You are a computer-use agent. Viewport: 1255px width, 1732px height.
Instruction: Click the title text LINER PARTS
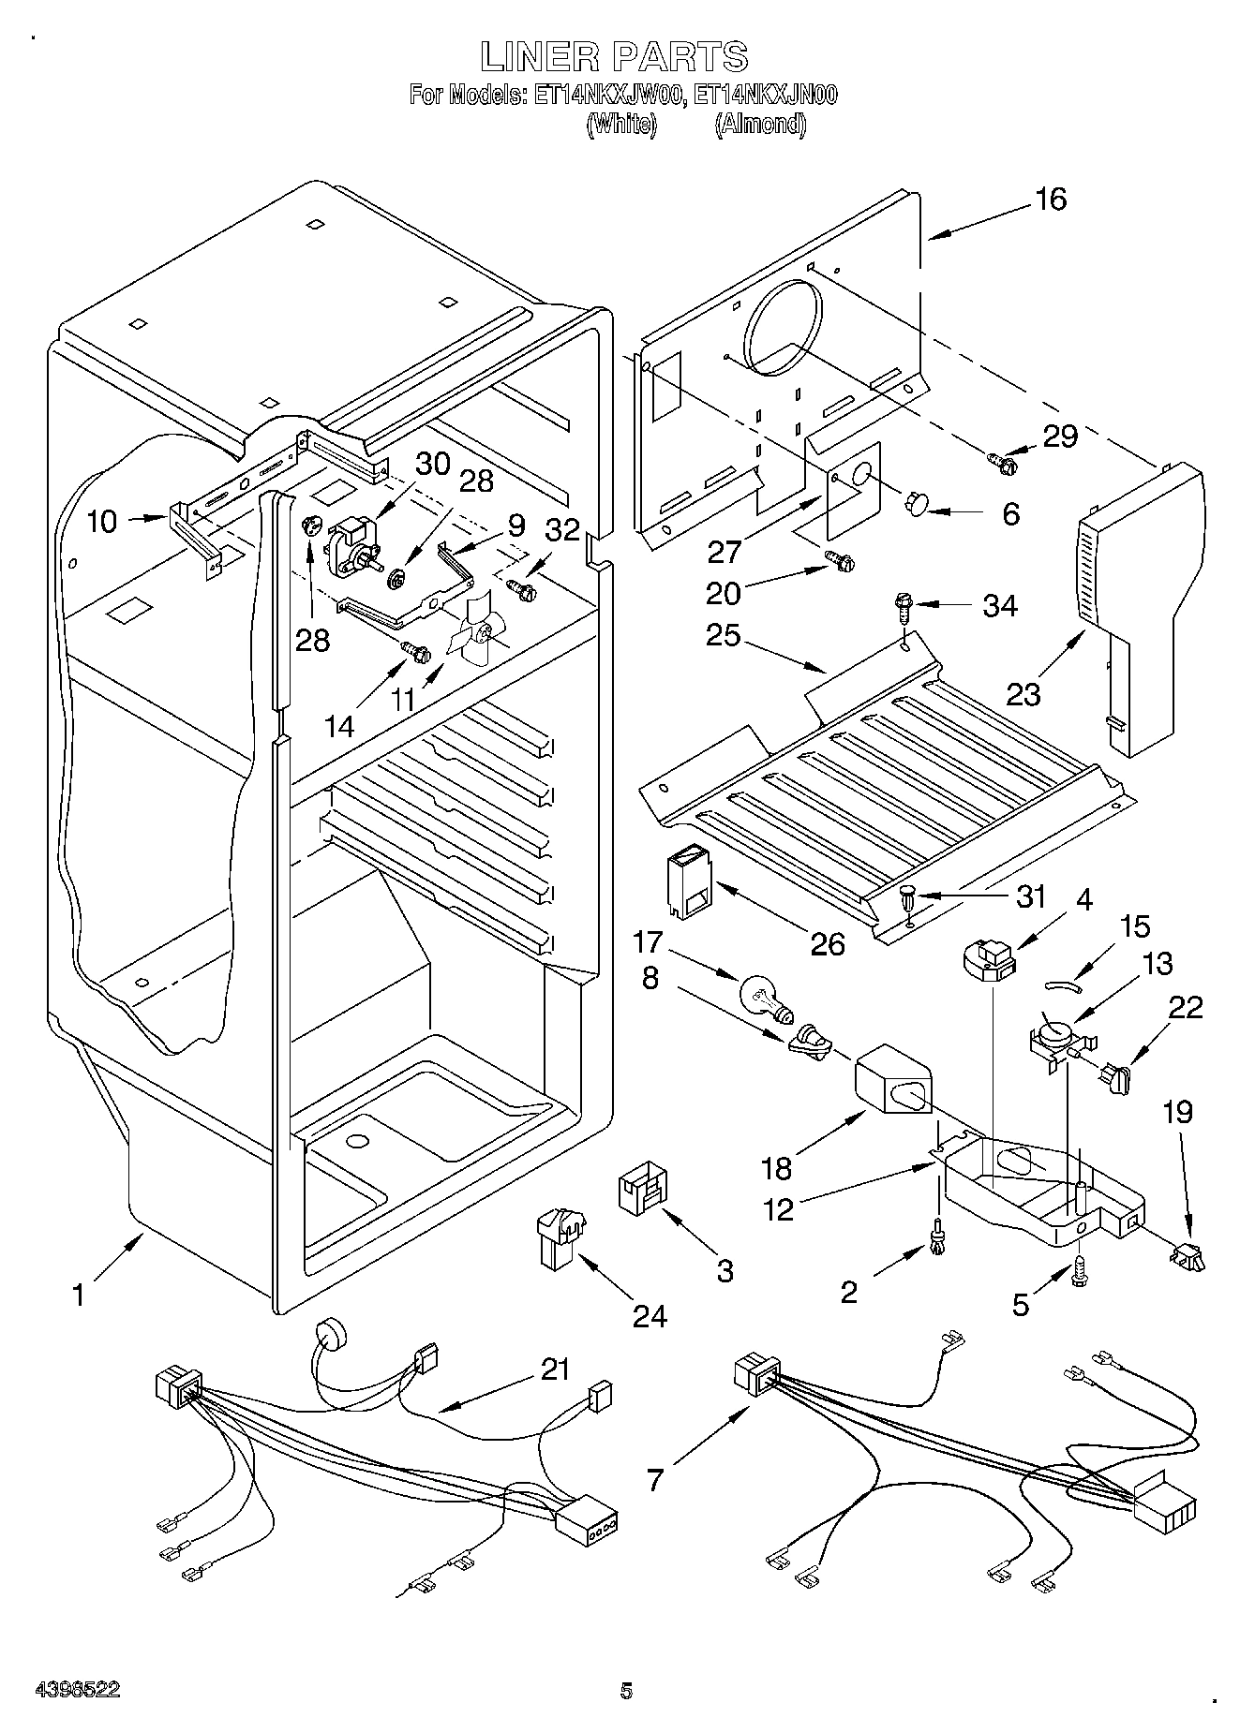(614, 57)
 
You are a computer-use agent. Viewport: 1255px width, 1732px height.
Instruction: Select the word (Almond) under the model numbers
(760, 125)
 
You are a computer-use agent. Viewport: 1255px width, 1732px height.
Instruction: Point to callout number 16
(1052, 200)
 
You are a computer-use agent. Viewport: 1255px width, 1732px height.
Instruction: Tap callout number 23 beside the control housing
(1023, 694)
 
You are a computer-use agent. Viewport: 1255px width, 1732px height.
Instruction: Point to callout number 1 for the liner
(80, 1295)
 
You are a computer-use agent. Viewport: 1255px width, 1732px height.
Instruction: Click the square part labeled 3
(643, 1191)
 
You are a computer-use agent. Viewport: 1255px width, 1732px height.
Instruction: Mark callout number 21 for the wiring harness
(555, 1369)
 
